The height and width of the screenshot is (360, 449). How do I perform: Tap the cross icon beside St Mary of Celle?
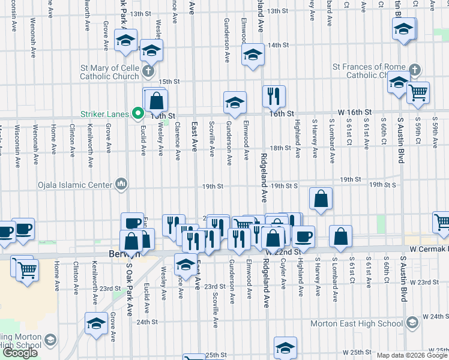[149, 73]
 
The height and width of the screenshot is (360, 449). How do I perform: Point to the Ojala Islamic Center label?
[76, 184]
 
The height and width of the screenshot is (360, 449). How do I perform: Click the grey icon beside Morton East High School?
[411, 323]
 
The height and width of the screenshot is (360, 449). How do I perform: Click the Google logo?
[19, 353]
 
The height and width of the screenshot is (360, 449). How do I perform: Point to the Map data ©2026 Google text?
[412, 355]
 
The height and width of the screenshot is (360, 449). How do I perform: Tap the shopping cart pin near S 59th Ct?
[418, 92]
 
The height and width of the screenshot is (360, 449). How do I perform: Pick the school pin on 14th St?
[253, 55]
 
